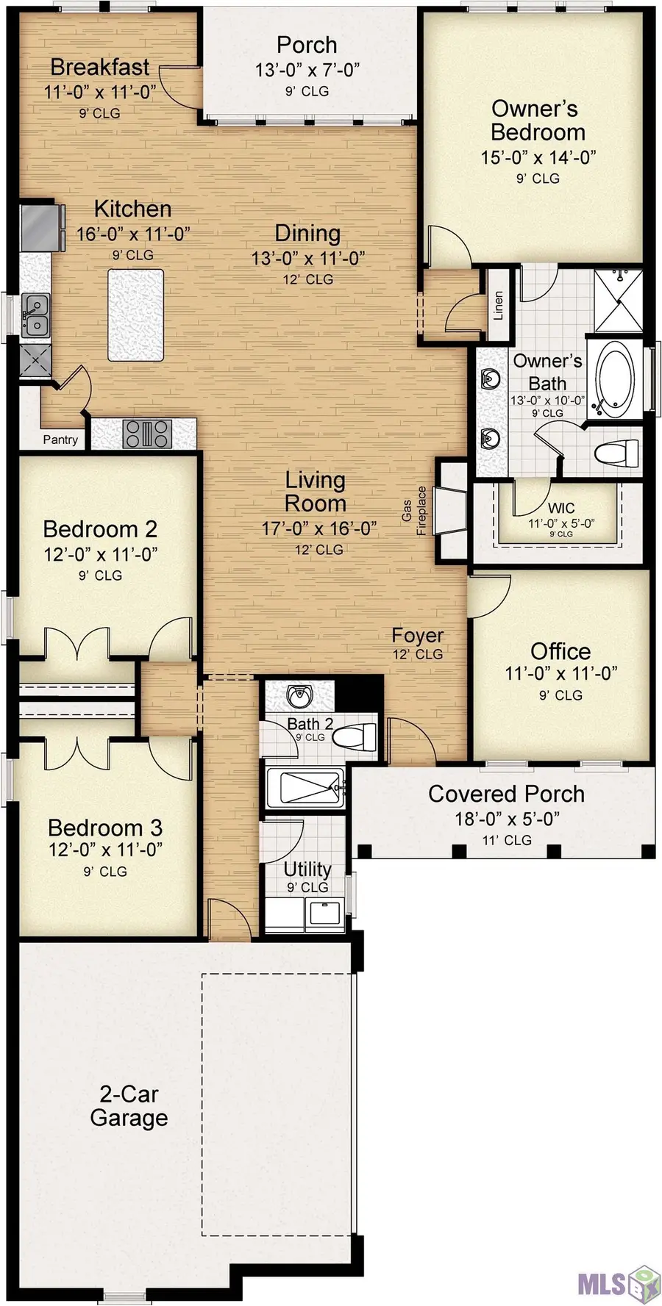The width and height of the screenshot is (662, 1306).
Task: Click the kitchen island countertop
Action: tap(136, 315)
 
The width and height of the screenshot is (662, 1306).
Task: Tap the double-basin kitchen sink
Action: tap(34, 315)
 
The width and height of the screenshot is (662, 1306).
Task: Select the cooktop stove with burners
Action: tap(147, 434)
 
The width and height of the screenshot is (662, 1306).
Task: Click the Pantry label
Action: tap(60, 439)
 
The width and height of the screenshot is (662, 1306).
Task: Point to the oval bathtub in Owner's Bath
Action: tap(613, 379)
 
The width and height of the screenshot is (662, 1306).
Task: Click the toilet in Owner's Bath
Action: tap(616, 453)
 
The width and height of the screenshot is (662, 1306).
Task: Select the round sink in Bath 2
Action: tap(299, 695)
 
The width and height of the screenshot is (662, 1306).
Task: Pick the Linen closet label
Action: tap(498, 305)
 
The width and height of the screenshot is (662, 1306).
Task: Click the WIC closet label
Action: tap(561, 508)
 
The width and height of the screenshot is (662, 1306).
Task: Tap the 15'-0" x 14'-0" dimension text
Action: tap(538, 157)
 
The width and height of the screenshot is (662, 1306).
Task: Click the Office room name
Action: tap(560, 651)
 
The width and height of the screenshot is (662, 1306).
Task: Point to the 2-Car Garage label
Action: tap(129, 1105)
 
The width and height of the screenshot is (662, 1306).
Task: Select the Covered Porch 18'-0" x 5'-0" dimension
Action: tap(507, 818)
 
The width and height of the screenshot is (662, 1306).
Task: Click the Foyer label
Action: tap(417, 636)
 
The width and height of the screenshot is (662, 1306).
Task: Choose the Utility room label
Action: tap(307, 869)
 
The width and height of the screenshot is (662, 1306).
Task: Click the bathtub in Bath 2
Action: tap(304, 788)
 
